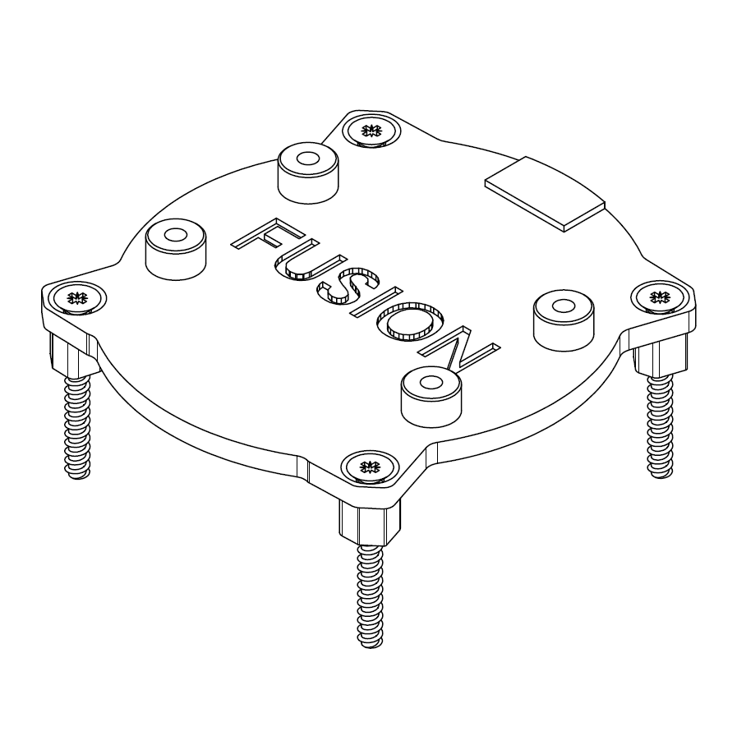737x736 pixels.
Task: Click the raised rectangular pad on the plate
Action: pyautogui.click(x=545, y=194)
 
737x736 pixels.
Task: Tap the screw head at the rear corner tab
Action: pyautogui.click(x=371, y=130)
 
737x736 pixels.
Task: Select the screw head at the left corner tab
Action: pyautogui.click(x=76, y=298)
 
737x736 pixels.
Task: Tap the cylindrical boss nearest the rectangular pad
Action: pyautogui.click(x=563, y=319)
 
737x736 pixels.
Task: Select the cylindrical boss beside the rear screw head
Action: pyautogui.click(x=308, y=171)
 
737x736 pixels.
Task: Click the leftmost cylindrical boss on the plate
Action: pyautogui.click(x=175, y=247)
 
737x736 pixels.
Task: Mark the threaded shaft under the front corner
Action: pyautogui.click(x=371, y=596)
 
